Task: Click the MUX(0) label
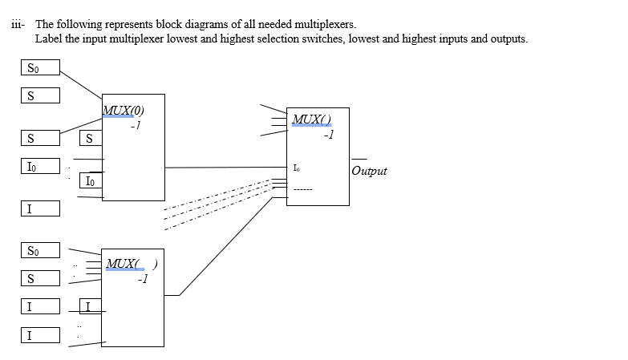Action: [124, 111]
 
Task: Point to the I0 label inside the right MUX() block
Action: [298, 168]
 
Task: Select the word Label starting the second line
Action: [49, 39]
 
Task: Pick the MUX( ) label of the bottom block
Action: [131, 264]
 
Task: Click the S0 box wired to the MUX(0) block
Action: [39, 69]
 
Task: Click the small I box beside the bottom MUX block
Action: [91, 305]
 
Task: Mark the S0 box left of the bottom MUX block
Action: [39, 251]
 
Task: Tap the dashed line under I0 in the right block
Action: [302, 190]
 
